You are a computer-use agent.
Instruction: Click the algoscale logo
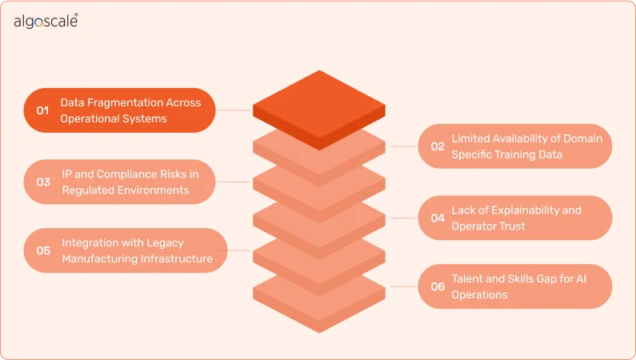tap(46, 22)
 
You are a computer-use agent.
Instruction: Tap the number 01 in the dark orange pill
tap(42, 110)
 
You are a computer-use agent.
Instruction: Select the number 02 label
tap(438, 146)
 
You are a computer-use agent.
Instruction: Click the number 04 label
tap(438, 218)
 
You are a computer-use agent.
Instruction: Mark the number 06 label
tap(438, 286)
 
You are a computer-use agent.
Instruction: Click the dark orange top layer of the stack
tap(318, 110)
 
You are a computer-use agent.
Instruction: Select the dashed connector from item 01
tap(234, 110)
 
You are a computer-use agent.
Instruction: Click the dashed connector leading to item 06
tap(403, 286)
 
